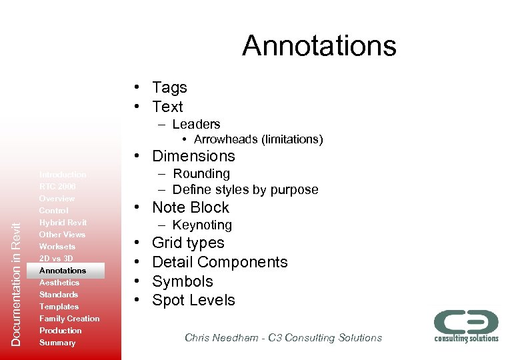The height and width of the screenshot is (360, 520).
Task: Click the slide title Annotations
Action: click(319, 46)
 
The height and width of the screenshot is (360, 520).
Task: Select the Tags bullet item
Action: click(169, 87)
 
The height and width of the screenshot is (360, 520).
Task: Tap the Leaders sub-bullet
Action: click(196, 124)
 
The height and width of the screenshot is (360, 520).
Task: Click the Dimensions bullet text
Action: click(193, 156)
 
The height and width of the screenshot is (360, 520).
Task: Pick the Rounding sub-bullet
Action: click(201, 174)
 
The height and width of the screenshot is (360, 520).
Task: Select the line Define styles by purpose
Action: click(245, 190)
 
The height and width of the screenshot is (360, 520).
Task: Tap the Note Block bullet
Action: click(190, 207)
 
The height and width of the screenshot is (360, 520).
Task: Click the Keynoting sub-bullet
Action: click(202, 225)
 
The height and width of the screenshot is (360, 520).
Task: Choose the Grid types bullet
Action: click(188, 243)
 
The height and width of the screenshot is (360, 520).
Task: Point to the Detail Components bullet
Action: click(219, 262)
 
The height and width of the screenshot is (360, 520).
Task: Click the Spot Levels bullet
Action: click(193, 300)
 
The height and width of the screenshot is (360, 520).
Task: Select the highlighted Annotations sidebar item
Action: click(63, 271)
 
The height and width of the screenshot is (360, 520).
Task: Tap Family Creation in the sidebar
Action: click(69, 319)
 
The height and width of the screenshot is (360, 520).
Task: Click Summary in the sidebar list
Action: click(57, 343)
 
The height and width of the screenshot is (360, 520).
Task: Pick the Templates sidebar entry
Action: click(59, 307)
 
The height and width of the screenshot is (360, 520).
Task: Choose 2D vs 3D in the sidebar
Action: click(56, 259)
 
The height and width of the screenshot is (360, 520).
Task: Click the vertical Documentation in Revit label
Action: click(17, 279)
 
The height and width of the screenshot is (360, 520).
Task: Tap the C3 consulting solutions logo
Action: click(466, 325)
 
